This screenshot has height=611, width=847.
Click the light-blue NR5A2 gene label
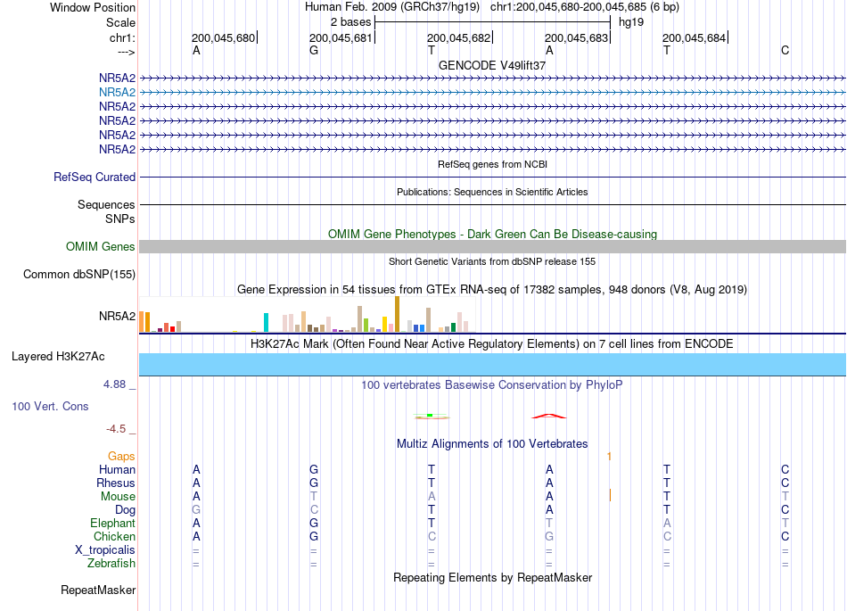pyautogui.click(x=117, y=93)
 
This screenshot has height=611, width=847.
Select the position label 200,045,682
pyautogui.click(x=458, y=37)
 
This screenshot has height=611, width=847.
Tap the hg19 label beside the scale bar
pyautogui.click(x=631, y=22)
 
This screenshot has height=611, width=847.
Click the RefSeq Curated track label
pyautogui.click(x=95, y=177)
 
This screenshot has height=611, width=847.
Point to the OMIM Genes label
pyautogui.click(x=101, y=246)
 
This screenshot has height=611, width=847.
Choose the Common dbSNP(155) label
pyautogui.click(x=79, y=275)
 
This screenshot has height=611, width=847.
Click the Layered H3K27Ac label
pyautogui.click(x=58, y=357)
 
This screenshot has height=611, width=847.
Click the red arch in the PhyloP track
pyautogui.click(x=549, y=416)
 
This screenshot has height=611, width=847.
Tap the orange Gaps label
pyautogui.click(x=121, y=457)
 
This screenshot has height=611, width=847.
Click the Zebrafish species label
pyautogui.click(x=111, y=564)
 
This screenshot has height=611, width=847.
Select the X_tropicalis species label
pyautogui.click(x=105, y=550)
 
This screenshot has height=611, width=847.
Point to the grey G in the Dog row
pyautogui.click(x=196, y=509)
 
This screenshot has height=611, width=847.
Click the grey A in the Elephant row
pyautogui.click(x=667, y=523)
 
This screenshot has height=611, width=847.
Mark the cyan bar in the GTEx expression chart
pyautogui.click(x=266, y=323)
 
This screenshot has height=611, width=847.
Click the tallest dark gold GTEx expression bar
pyautogui.click(x=397, y=314)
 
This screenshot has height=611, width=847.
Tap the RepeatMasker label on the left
pyautogui.click(x=98, y=590)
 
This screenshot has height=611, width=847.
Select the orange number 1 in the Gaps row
pyautogui.click(x=609, y=457)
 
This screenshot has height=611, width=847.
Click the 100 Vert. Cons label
pyautogui.click(x=50, y=406)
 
